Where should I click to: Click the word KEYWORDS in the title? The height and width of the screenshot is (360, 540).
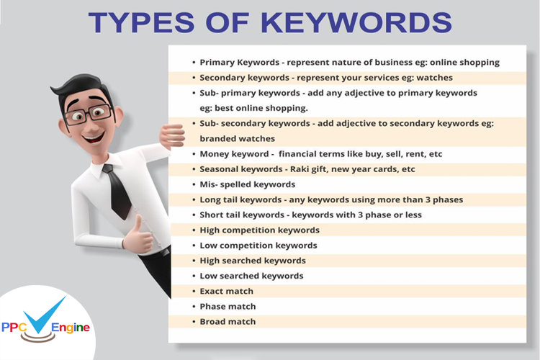(356, 22)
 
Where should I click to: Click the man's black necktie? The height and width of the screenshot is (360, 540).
(116, 190)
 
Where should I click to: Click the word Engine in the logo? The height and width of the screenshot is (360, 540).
(72, 328)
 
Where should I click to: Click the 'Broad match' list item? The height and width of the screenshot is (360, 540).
(228, 321)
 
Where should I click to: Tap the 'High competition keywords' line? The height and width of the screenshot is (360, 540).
(259, 230)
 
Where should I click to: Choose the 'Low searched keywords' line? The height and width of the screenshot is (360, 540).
(251, 276)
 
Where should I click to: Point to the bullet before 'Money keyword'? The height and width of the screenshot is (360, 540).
(193, 154)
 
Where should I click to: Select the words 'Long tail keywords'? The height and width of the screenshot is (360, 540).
(238, 199)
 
